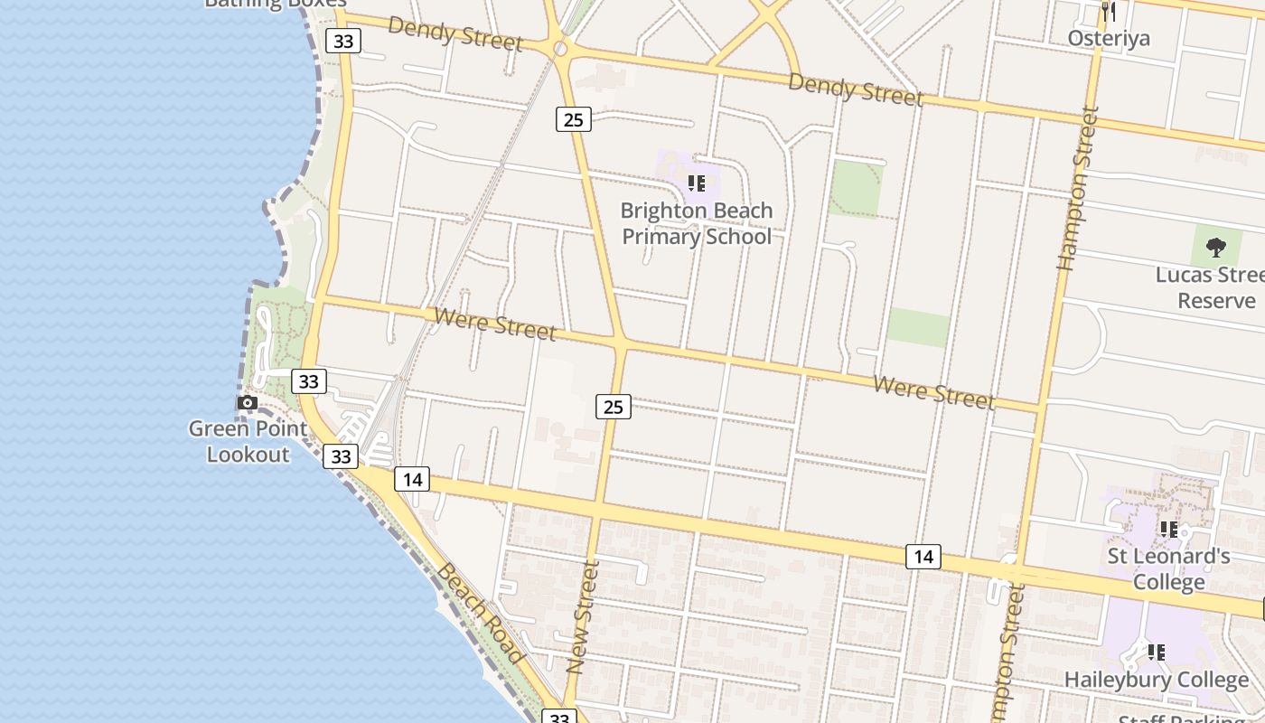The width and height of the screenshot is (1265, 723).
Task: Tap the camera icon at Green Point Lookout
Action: (x=247, y=403)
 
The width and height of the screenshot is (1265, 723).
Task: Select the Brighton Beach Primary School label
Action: (x=697, y=223)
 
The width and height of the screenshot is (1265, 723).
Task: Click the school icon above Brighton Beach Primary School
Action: (x=696, y=184)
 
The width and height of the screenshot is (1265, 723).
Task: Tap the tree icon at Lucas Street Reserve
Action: (x=1216, y=247)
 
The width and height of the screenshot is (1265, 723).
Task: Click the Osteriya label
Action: (x=1109, y=38)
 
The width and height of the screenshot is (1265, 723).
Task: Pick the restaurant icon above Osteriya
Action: (x=1109, y=12)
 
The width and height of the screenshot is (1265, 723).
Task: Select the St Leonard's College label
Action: (x=1169, y=568)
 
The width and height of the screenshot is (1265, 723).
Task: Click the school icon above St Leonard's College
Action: (x=1168, y=530)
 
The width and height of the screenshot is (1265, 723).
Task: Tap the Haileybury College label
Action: (x=1157, y=680)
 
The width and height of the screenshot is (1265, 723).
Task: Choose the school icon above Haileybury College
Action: (x=1156, y=652)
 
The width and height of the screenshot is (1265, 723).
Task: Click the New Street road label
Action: (x=583, y=616)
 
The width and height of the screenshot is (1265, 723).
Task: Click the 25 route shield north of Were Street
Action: (x=573, y=118)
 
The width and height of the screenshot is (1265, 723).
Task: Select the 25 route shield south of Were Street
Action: (x=613, y=407)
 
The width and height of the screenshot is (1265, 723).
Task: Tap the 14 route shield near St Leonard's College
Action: (x=923, y=557)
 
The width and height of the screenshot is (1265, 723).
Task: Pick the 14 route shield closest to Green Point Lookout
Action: (x=411, y=479)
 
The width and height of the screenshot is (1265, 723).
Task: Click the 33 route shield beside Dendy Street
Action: (x=343, y=41)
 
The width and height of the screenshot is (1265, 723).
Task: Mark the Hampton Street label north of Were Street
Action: (x=1078, y=189)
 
